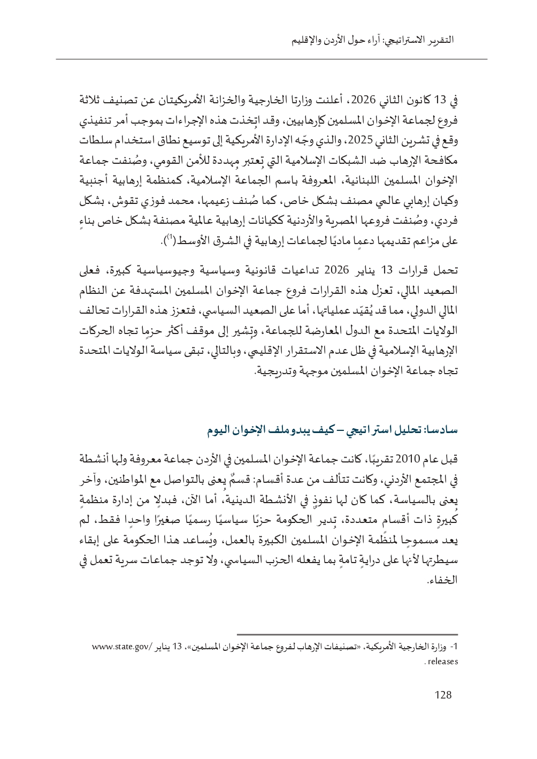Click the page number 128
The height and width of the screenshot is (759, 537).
[x=443, y=695]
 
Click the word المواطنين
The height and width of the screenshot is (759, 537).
[x=135, y=475]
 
